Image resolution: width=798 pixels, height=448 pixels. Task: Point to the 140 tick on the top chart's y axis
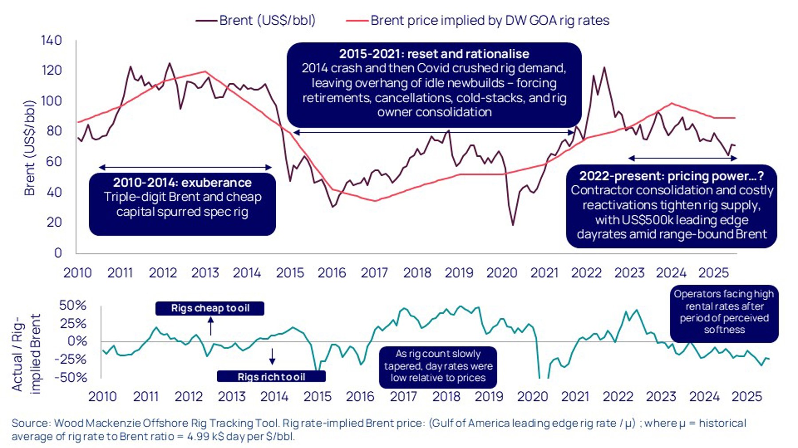pos(51,40)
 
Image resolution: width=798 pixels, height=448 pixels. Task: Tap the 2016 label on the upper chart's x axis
pos(332,273)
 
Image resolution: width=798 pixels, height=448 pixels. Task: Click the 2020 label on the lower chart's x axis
pos(532,396)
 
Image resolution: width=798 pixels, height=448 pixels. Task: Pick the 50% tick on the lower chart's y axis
pos(73,305)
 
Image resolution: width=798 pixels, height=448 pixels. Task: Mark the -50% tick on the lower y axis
pos(71,377)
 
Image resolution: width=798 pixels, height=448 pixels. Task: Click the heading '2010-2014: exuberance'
pos(182,182)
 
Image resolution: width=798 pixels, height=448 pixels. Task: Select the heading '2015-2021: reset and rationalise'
pos(434,54)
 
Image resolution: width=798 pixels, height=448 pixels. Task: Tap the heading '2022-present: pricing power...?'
pos(671,176)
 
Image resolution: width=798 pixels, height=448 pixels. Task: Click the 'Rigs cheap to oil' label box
pos(210,308)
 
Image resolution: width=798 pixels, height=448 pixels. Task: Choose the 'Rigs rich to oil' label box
pos(271,377)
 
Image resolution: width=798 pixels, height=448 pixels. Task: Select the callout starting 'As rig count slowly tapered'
pos(438,366)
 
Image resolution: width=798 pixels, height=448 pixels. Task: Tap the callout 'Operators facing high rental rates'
pos(724,312)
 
